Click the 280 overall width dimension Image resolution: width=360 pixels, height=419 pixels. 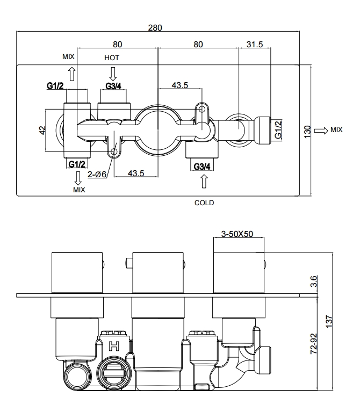[155, 27]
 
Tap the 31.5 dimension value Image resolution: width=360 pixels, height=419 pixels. [255, 45]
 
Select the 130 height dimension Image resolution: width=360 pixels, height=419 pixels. [307, 132]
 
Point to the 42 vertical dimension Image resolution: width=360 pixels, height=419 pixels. [42, 130]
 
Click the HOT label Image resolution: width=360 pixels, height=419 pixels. [112, 57]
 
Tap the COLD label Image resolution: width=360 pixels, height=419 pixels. [204, 203]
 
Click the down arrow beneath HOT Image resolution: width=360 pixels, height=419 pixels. [113, 74]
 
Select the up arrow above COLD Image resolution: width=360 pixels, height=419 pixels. [204, 182]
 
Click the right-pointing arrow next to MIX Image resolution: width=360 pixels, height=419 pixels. [321, 131]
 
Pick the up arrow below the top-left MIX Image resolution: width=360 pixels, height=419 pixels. [72, 74]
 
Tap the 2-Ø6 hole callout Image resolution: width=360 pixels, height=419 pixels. [97, 175]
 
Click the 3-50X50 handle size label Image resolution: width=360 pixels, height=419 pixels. [237, 234]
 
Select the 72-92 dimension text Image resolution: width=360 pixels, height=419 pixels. [313, 344]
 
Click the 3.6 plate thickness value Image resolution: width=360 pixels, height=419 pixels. [313, 281]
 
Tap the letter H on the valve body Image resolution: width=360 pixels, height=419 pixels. [114, 346]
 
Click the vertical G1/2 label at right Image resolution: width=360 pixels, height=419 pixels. [278, 129]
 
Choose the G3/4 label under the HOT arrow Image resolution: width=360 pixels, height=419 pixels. [113, 86]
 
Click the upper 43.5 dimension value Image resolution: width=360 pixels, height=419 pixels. [180, 85]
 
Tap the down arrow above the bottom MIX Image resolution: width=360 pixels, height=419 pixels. [78, 178]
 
